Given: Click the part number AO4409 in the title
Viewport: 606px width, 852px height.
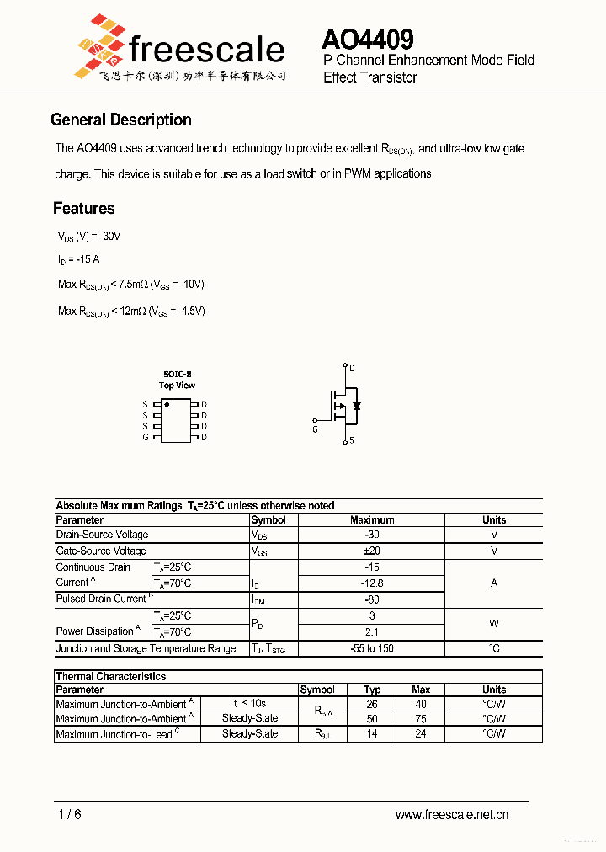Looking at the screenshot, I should click(367, 40).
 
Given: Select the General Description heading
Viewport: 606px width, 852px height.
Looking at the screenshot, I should click(121, 120).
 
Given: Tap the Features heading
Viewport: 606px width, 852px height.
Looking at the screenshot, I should click(84, 209).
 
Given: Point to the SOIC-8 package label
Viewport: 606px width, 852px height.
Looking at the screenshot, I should click(177, 374).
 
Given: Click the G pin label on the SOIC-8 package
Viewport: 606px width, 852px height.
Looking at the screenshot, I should click(146, 437).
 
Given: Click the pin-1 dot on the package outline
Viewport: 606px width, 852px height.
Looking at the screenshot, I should click(167, 405).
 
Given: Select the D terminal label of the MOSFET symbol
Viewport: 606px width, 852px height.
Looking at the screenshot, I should click(352, 368).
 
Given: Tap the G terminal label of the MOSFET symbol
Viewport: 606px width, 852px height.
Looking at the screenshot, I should click(315, 429).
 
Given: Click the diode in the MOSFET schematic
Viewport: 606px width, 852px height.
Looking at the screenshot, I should click(357, 406).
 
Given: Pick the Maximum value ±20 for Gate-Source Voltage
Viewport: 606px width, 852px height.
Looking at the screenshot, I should click(372, 551).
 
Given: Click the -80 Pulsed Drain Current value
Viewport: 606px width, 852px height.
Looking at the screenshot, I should click(372, 599).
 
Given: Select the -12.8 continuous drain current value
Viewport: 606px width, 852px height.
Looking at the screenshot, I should click(372, 583).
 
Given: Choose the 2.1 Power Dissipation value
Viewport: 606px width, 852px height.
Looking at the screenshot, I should click(372, 631).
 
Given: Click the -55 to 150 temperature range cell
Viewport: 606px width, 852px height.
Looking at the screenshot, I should click(372, 648).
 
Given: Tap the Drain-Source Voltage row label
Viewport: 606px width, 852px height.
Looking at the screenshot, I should click(102, 535).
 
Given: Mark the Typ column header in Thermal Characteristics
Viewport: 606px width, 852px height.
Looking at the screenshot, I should click(372, 690).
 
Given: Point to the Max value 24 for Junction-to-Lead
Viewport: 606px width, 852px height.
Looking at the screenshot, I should click(421, 734).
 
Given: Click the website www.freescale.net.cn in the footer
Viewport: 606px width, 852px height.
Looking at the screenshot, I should click(452, 814).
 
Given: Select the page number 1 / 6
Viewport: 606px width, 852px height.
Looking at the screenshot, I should click(70, 814).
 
